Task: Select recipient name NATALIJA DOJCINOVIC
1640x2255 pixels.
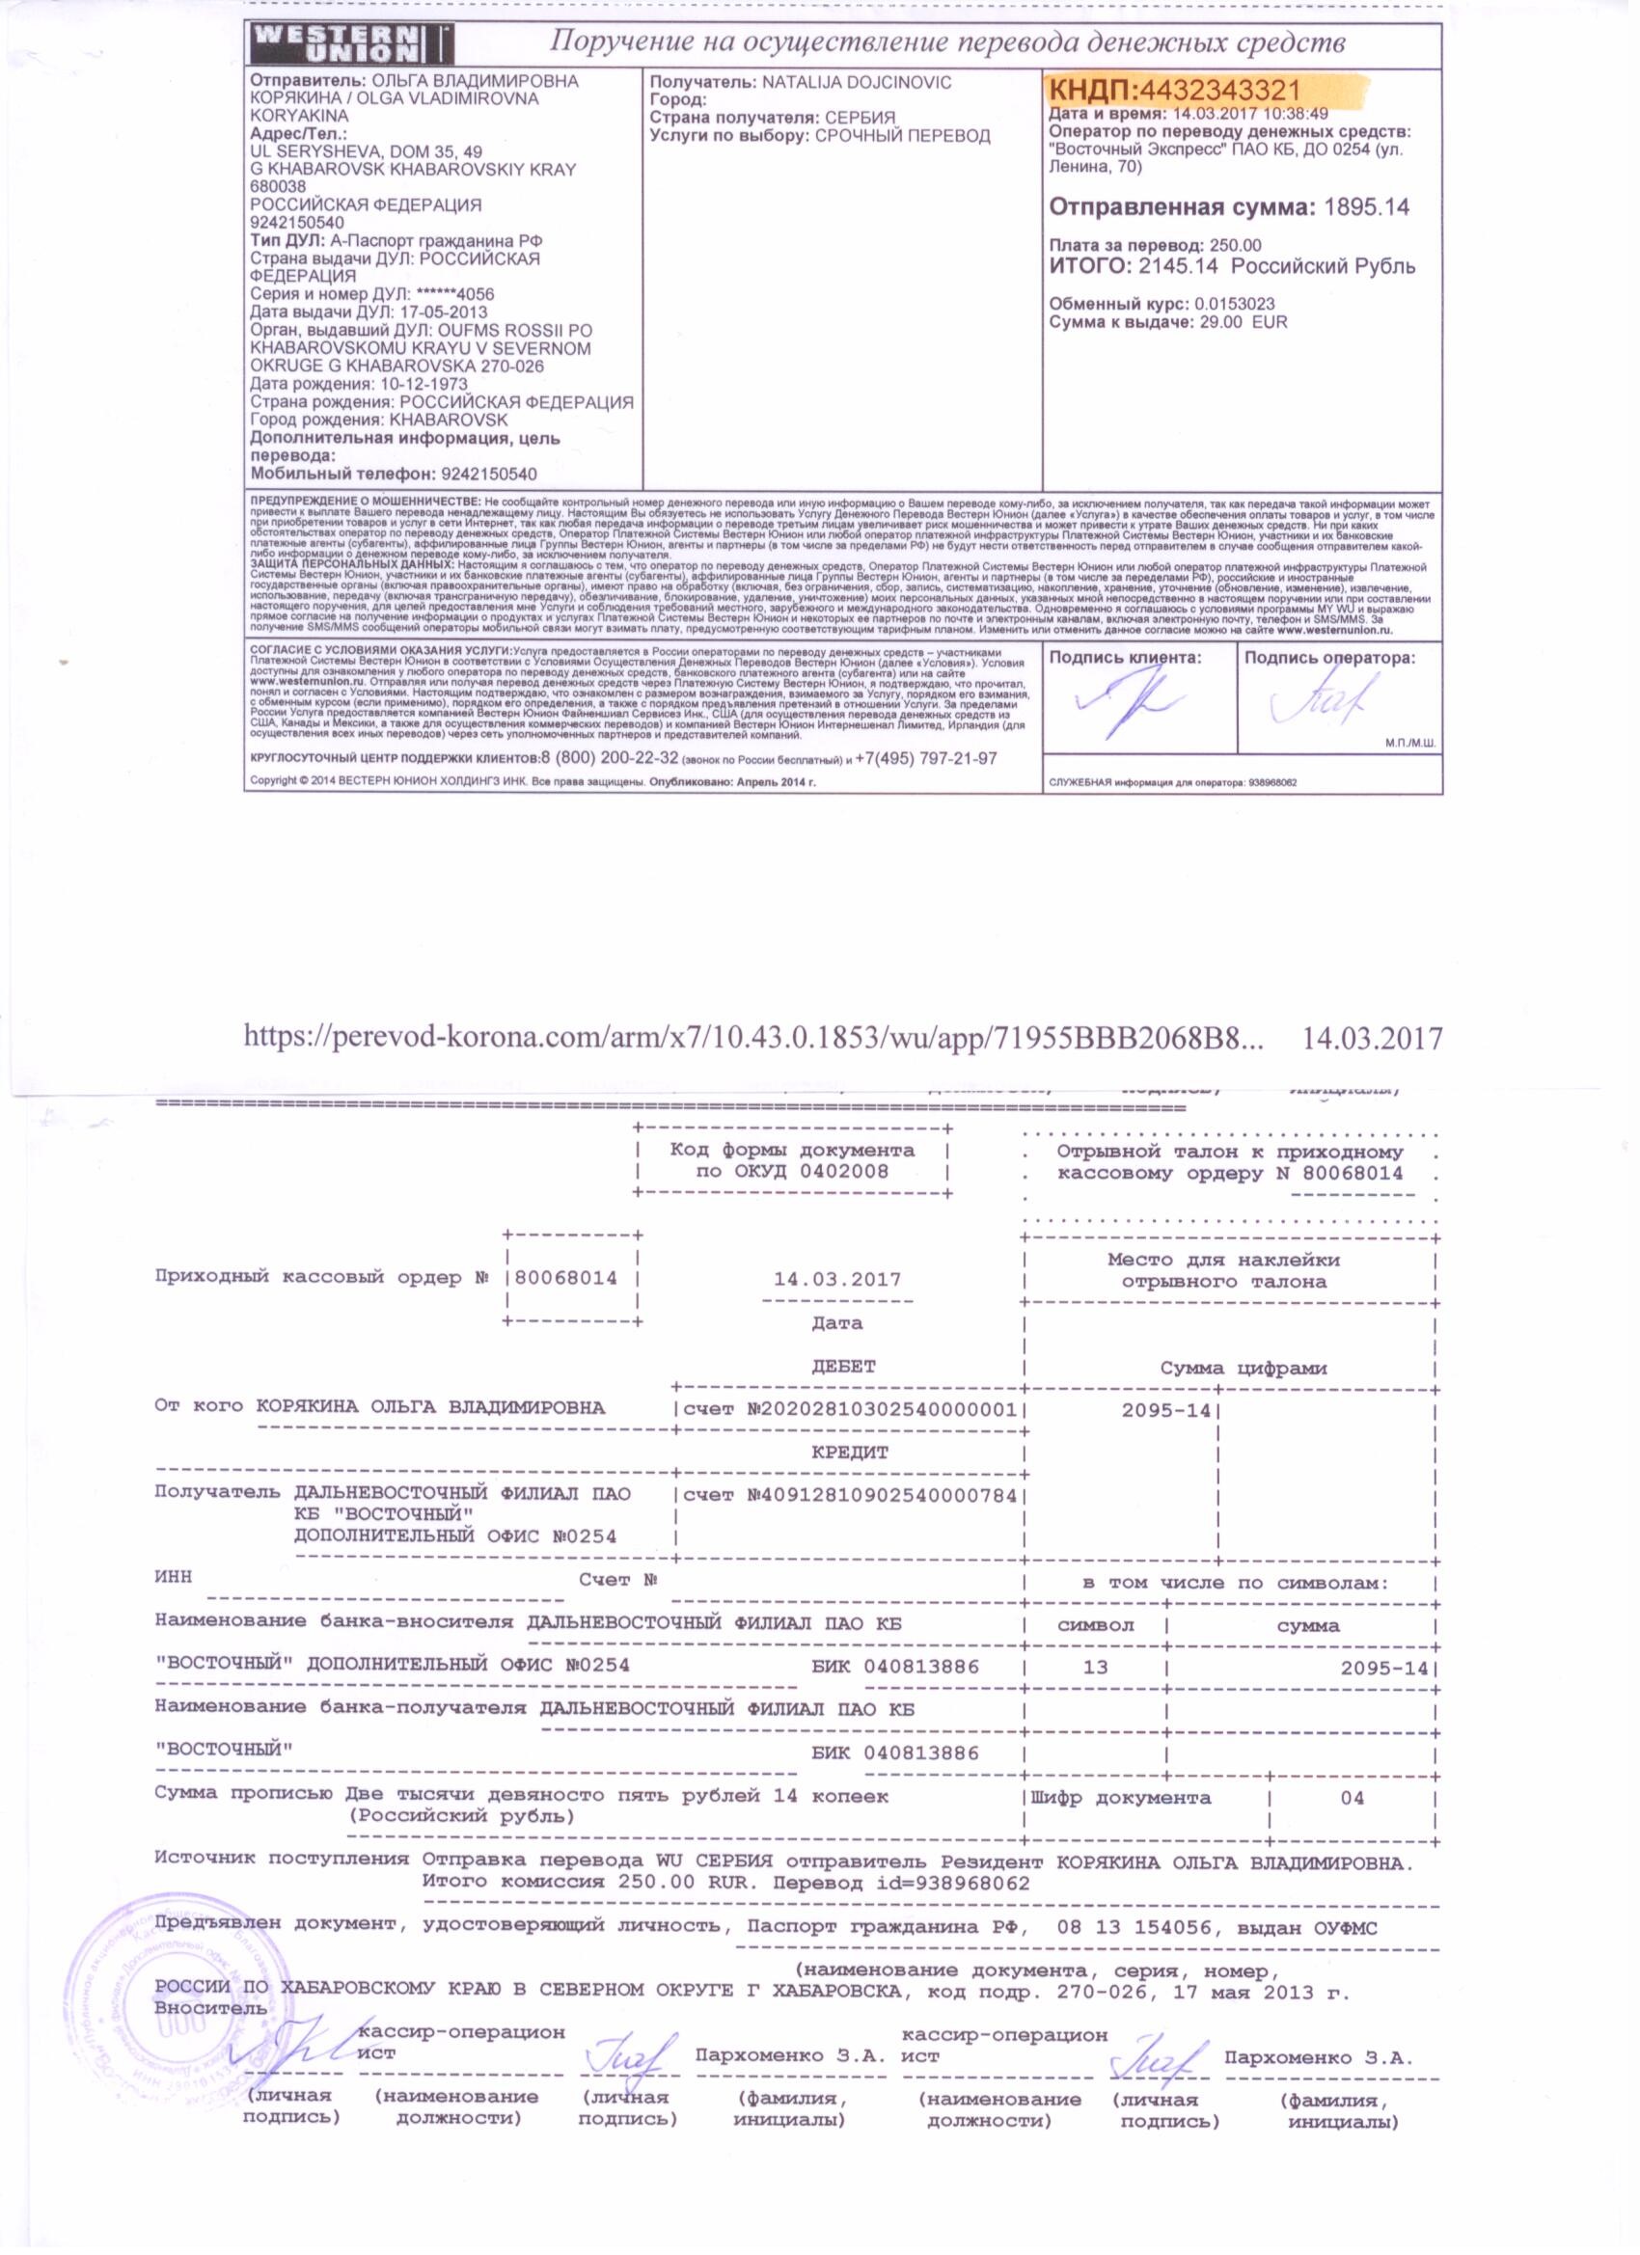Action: pyautogui.click(x=857, y=83)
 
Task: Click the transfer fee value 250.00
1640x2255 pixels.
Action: pyautogui.click(x=1234, y=245)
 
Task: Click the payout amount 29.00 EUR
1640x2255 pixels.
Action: pyautogui.click(x=1241, y=321)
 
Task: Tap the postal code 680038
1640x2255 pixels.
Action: pyautogui.click(x=278, y=187)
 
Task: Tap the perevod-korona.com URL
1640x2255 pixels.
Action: pyautogui.click(x=753, y=1038)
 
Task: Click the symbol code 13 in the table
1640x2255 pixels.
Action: pyautogui.click(x=1094, y=1667)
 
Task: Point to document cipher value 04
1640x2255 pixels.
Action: pyautogui.click(x=1352, y=1798)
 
